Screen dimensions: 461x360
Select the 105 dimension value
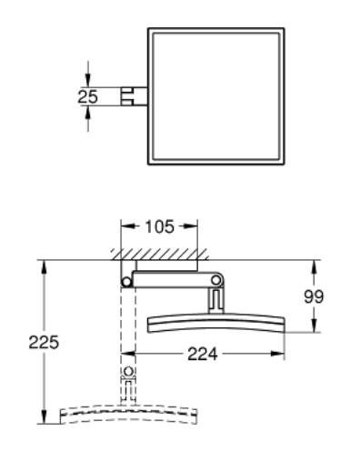[x=160, y=225]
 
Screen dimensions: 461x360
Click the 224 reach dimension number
[x=202, y=355]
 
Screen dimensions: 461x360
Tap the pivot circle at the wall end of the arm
[x=127, y=283]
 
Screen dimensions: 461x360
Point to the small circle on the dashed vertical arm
[x=127, y=372]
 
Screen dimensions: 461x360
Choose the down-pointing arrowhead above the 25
[x=88, y=81]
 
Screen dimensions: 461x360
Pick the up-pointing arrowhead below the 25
[x=88, y=111]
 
